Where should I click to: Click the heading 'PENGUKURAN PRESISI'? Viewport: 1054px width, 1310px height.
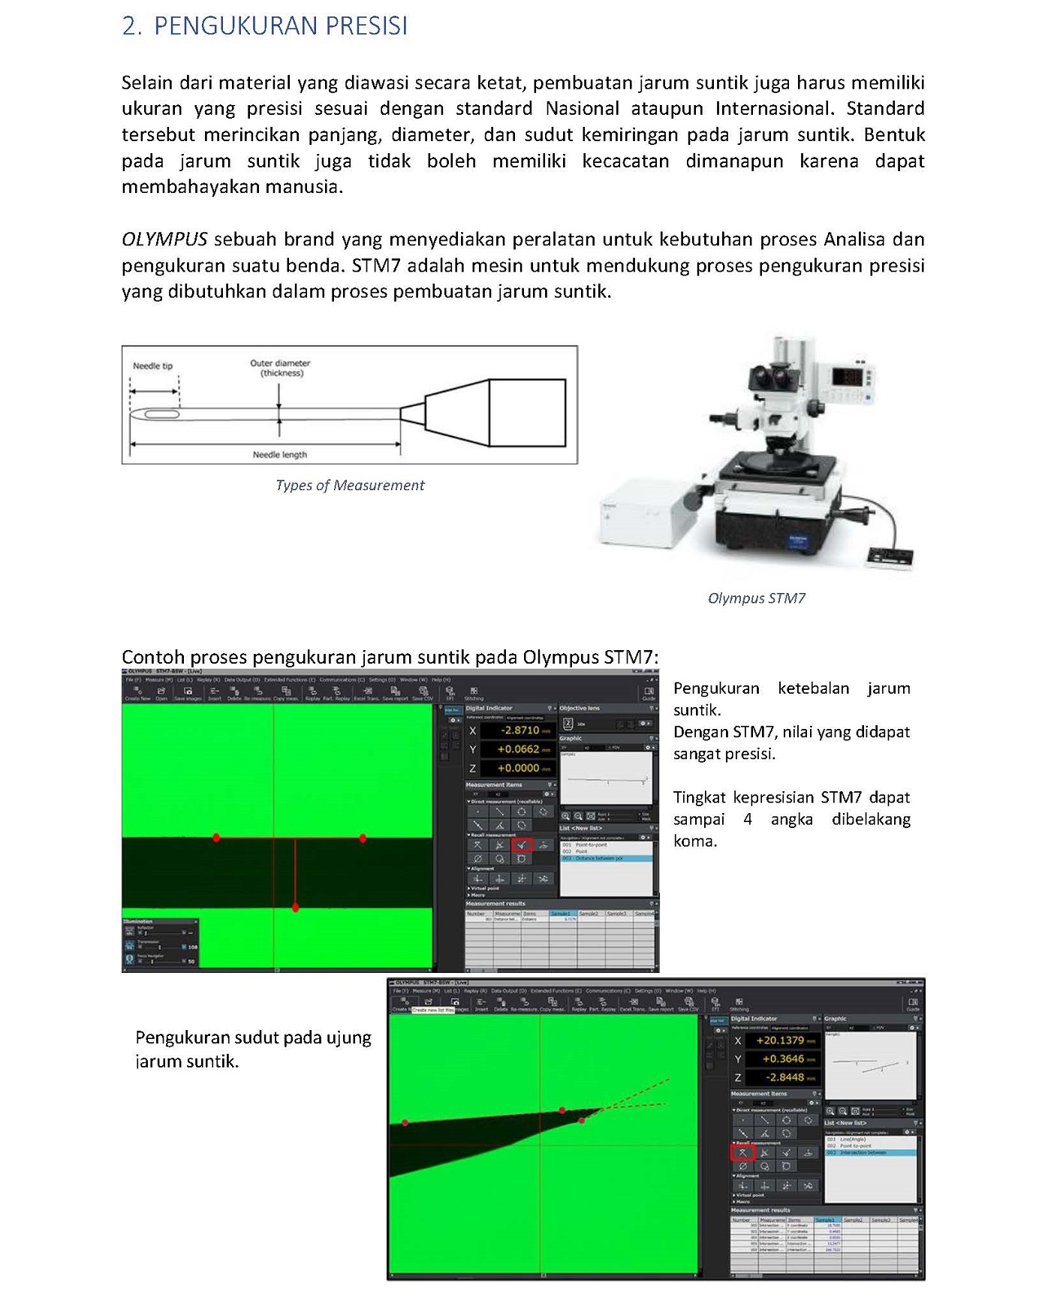tap(280, 26)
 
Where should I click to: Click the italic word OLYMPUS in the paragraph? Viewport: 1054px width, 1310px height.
tap(164, 239)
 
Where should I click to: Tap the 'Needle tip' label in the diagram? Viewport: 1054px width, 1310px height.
tap(152, 366)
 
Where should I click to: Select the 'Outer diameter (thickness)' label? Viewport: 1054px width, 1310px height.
tap(280, 368)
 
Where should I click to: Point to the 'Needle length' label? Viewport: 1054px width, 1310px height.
tap(279, 455)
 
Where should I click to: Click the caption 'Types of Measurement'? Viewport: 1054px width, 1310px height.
tap(350, 486)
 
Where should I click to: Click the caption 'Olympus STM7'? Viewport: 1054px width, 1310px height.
tap(756, 598)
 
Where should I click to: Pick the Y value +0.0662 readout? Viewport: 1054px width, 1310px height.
tap(518, 749)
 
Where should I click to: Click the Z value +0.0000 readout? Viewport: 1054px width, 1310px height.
tap(518, 768)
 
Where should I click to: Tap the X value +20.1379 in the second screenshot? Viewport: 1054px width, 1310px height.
tap(780, 1040)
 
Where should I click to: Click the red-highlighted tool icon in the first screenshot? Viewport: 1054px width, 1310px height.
tap(522, 845)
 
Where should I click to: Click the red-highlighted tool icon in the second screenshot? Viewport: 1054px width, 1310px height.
tap(742, 1152)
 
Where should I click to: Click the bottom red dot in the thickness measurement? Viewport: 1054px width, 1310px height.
tap(296, 908)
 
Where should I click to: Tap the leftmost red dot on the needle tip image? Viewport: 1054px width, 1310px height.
tap(405, 1123)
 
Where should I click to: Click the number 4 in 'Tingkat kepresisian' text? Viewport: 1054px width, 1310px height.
tap(747, 819)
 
